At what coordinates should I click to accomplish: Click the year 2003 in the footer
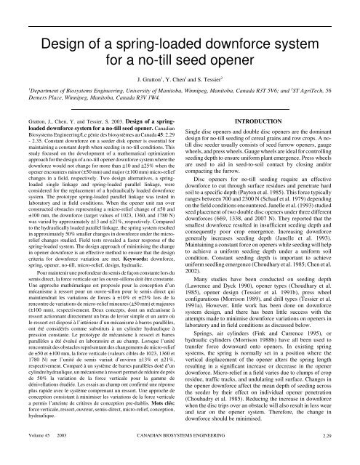coord(68,456)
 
